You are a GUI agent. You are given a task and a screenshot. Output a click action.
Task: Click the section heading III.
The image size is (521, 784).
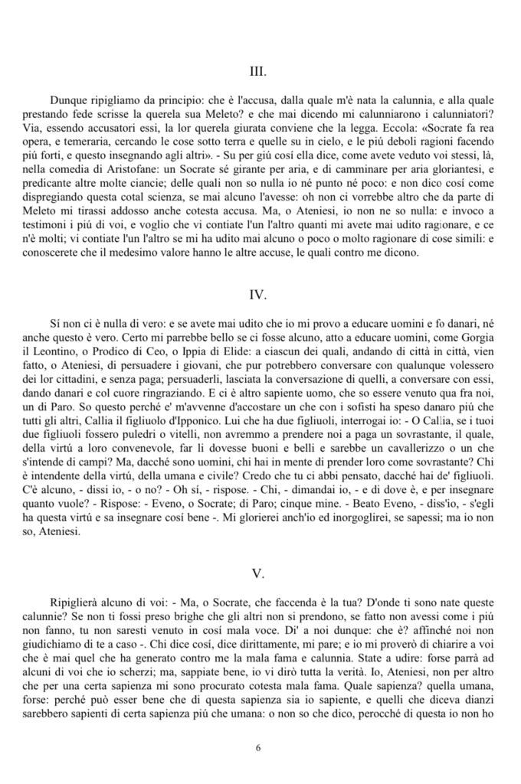coord(258,72)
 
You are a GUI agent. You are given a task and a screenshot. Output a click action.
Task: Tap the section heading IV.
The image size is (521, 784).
coord(258,294)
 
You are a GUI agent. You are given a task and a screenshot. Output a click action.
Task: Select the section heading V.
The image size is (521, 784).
coord(258,573)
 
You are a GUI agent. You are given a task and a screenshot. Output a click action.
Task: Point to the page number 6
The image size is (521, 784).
coord(259,748)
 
